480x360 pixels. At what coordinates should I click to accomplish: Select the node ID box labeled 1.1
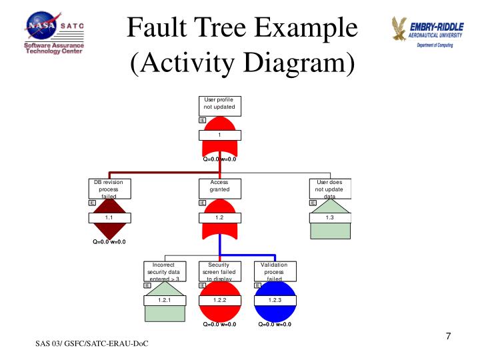click(x=109, y=218)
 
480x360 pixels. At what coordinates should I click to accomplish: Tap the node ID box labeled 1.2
click(x=219, y=218)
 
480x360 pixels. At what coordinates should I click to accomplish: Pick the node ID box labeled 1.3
click(x=329, y=218)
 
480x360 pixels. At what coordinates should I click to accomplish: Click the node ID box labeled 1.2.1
click(x=164, y=301)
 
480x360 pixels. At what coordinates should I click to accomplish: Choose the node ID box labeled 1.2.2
click(x=219, y=301)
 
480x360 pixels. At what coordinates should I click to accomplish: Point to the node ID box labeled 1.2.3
click(x=275, y=301)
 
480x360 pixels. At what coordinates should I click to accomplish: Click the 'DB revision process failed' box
click(x=109, y=189)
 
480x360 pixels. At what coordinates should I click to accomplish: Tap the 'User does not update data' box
click(x=329, y=189)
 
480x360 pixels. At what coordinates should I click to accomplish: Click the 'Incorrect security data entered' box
click(x=164, y=271)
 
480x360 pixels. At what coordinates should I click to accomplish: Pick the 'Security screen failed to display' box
click(x=219, y=271)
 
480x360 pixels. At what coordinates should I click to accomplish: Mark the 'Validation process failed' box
click(x=275, y=271)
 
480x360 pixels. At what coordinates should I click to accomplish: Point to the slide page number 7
click(x=449, y=335)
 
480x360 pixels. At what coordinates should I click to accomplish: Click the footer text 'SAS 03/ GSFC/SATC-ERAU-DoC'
click(x=92, y=343)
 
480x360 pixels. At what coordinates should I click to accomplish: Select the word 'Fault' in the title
click(x=157, y=27)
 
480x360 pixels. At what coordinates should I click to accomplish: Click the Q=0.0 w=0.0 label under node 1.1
click(x=109, y=242)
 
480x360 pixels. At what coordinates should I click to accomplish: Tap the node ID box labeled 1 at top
click(x=219, y=135)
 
